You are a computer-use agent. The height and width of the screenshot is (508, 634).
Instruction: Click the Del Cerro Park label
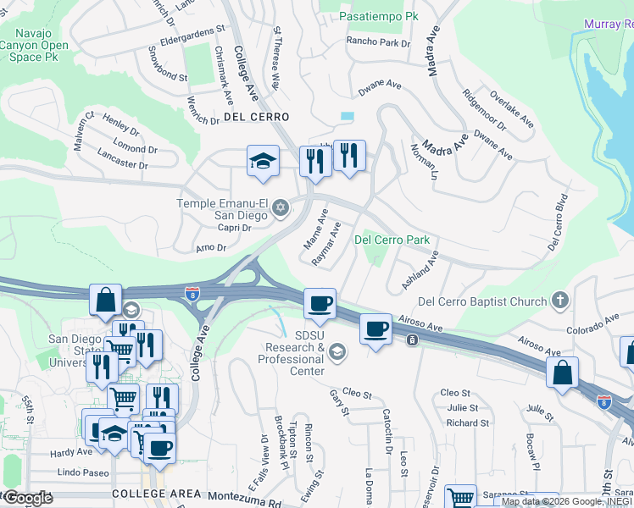click(x=392, y=240)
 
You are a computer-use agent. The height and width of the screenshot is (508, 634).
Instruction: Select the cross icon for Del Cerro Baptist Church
click(x=559, y=300)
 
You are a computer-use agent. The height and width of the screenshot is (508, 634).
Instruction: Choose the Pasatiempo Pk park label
click(x=379, y=16)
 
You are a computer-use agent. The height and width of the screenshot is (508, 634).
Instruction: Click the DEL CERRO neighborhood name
click(x=256, y=117)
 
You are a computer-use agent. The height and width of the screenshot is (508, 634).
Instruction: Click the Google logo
click(x=27, y=498)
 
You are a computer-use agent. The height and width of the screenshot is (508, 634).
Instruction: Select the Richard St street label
click(x=467, y=422)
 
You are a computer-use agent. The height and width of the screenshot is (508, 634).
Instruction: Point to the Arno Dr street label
click(x=211, y=248)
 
